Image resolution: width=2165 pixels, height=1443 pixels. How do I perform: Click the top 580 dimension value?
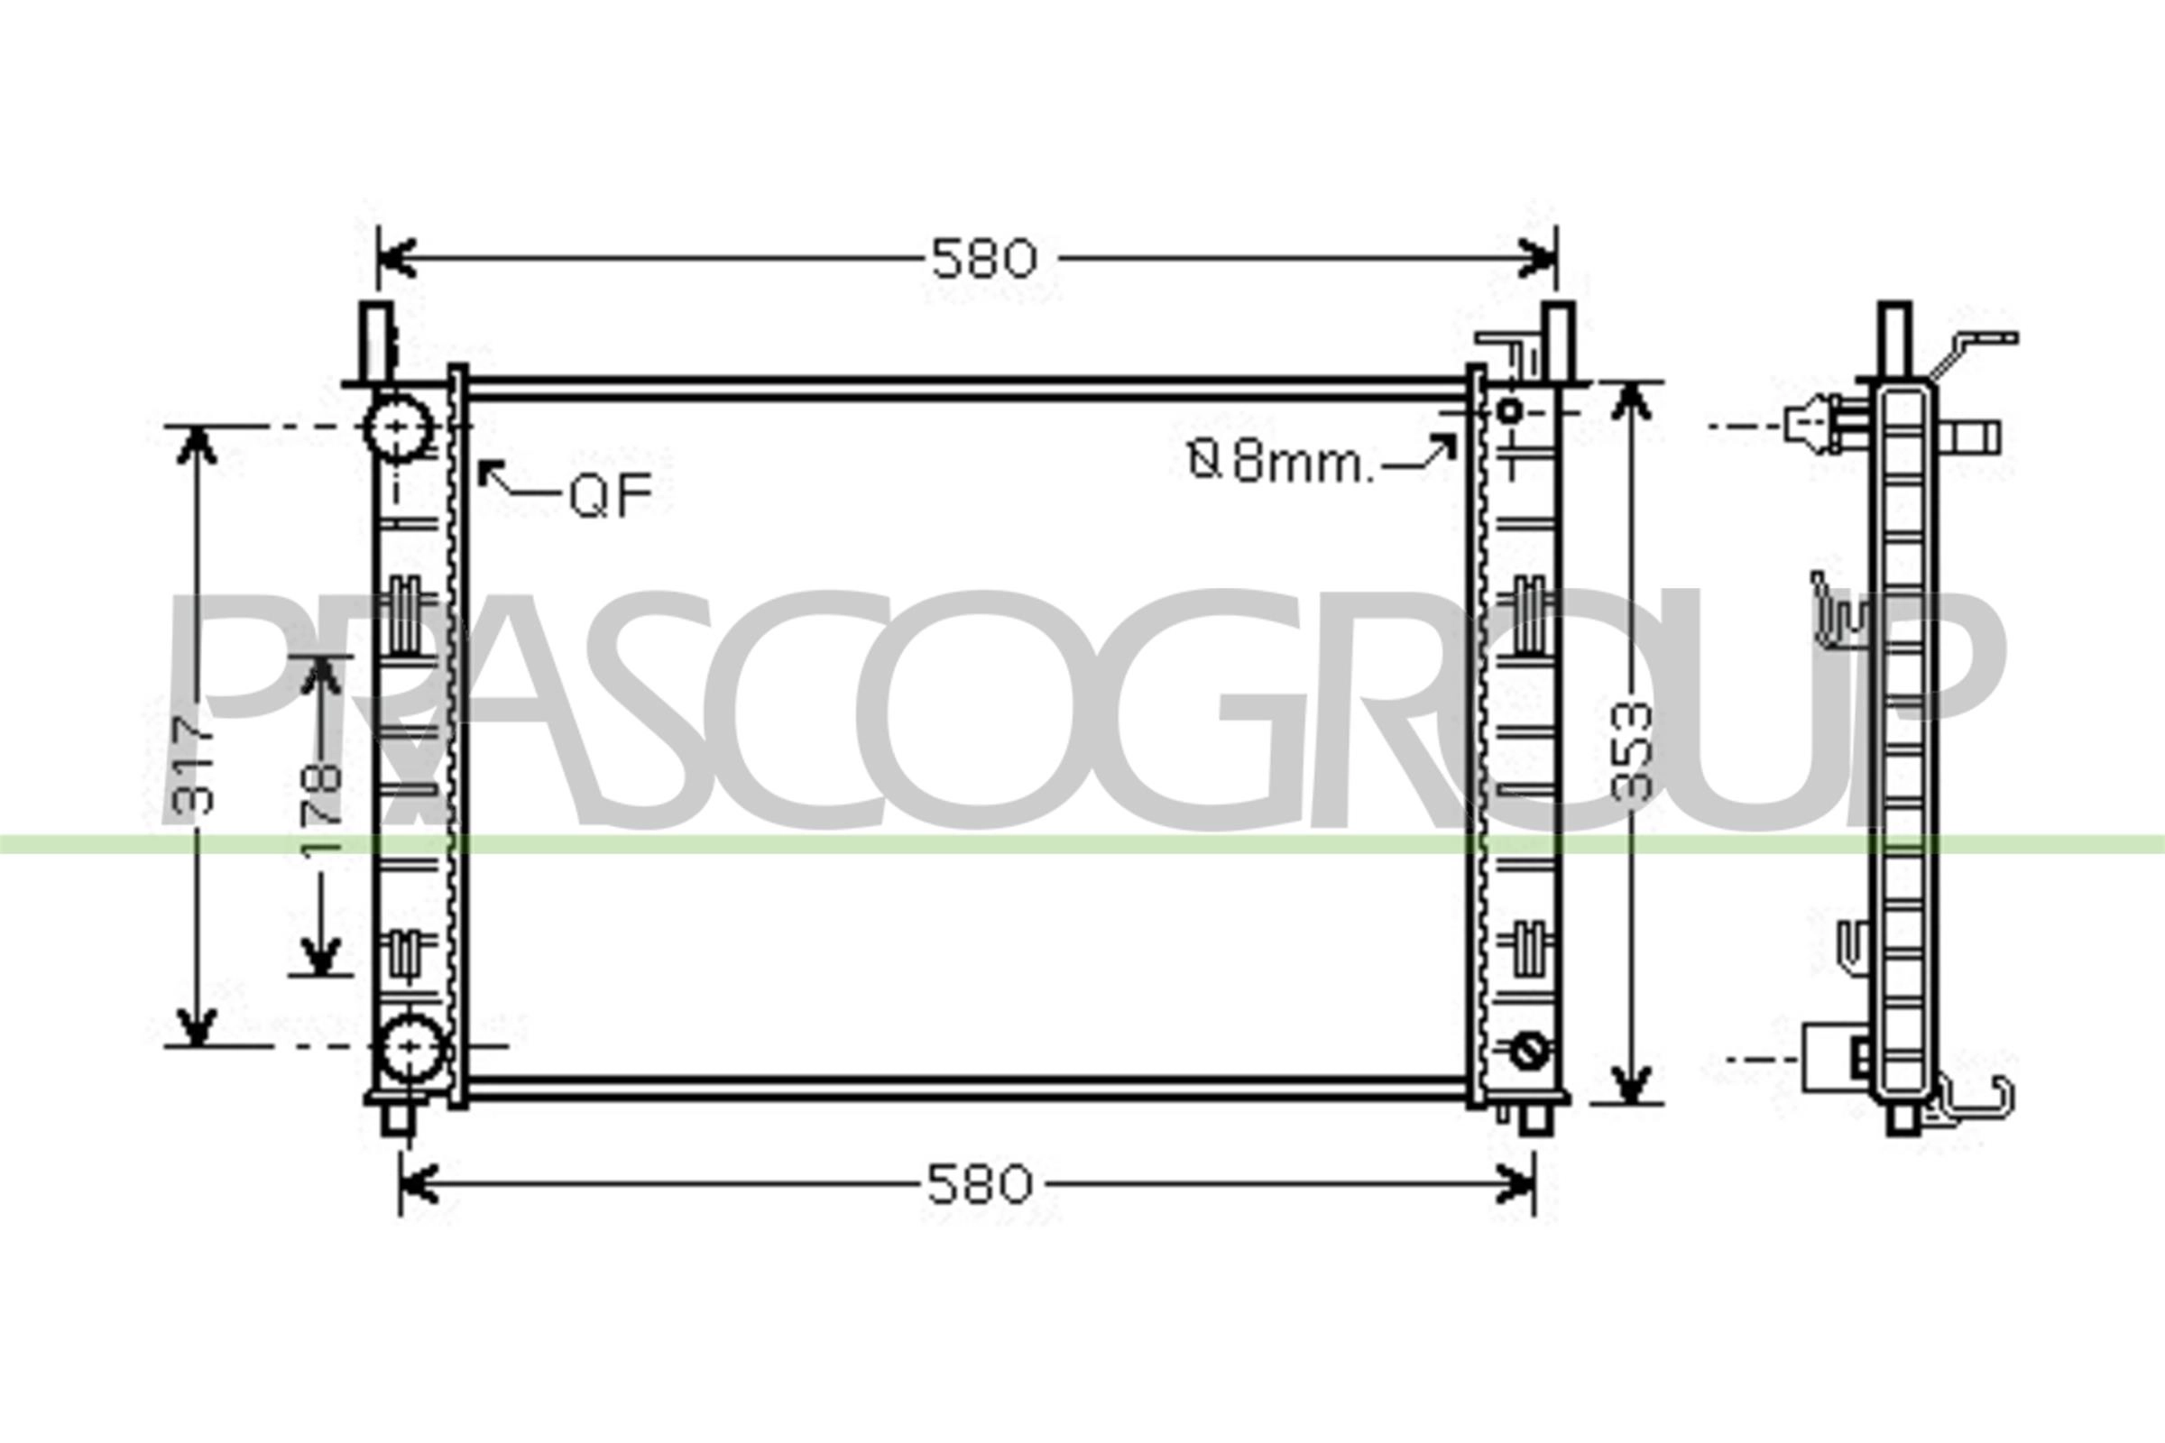coord(983,260)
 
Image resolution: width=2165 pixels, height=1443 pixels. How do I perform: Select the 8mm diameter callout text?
coord(1280,463)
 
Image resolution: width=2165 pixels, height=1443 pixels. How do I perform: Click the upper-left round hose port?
coord(399,427)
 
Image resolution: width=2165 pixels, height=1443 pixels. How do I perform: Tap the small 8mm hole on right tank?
coord(1509,411)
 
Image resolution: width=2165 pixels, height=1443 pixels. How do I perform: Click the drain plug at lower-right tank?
coord(1529,1050)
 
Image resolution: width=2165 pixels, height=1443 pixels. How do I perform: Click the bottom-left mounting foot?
coord(398,1119)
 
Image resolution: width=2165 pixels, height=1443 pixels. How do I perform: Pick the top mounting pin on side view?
coord(1894,336)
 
